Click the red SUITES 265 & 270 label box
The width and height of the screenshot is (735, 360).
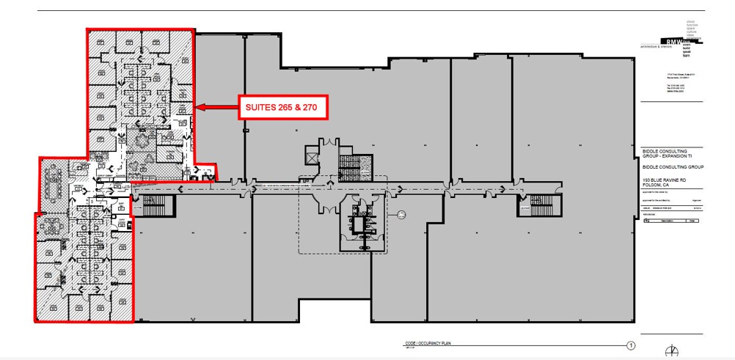(281, 108)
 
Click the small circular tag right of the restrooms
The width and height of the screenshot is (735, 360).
(402, 214)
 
